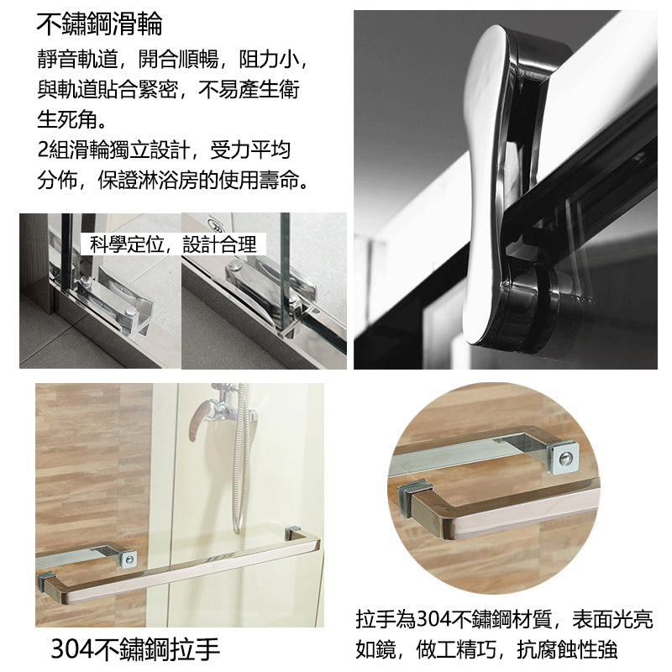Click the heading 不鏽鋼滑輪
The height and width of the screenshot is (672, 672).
tap(99, 24)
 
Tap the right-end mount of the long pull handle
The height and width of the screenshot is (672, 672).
tap(296, 535)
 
